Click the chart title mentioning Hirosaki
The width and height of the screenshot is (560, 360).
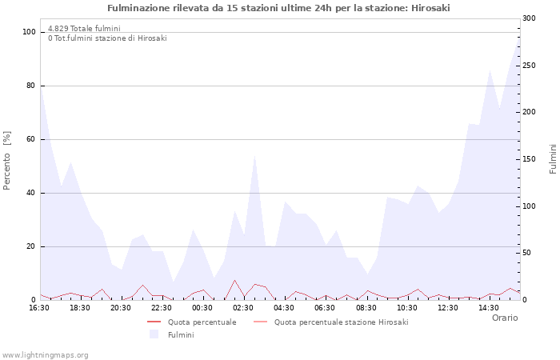tap(278, 7)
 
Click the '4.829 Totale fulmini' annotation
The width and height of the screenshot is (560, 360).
tap(84, 28)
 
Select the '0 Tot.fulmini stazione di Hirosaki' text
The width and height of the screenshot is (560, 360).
tap(107, 38)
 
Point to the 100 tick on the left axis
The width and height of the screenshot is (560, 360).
tap(29, 32)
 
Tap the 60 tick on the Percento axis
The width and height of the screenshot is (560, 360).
tap(30, 139)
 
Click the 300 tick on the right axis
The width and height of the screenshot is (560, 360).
tap(530, 18)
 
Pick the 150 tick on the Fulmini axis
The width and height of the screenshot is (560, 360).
tap(530, 159)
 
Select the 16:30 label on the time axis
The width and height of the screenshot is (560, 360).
tap(39, 307)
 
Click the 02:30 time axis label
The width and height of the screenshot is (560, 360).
tap(243, 307)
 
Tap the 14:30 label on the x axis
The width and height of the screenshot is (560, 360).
tap(488, 307)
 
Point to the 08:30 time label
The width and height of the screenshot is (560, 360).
tap(366, 307)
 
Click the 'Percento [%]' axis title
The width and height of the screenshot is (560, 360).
tap(7, 159)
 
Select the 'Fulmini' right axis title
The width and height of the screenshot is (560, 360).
tap(553, 159)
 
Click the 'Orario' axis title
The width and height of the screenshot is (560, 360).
tap(504, 318)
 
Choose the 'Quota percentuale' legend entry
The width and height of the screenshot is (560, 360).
tap(202, 322)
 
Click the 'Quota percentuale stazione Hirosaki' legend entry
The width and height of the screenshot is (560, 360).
tap(341, 322)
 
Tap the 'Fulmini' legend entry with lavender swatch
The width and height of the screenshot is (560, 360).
tap(180, 334)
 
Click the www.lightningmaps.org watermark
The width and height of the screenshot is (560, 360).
tap(45, 354)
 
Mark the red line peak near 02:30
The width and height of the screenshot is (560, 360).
tap(234, 280)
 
